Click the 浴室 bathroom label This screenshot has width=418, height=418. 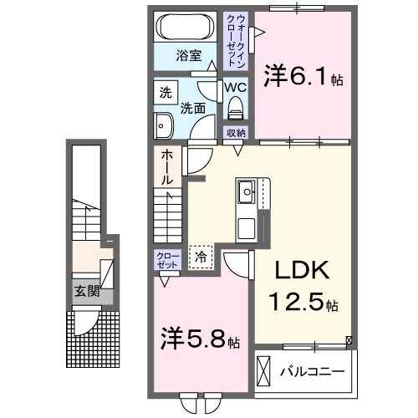[188, 55]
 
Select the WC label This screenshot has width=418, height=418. [234, 87]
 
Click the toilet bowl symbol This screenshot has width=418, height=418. [235, 108]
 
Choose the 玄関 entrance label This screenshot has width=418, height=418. [86, 292]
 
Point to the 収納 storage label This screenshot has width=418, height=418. [236, 133]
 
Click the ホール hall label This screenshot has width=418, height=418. [166, 167]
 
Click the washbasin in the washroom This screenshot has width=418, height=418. [163, 125]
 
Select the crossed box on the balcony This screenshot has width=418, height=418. [264, 369]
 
